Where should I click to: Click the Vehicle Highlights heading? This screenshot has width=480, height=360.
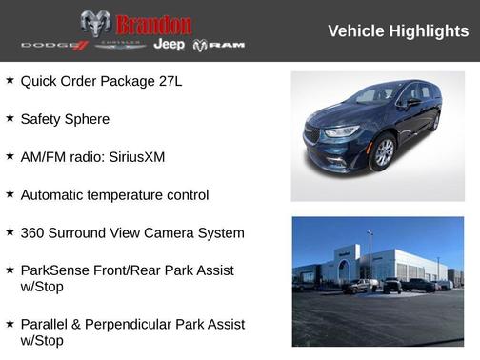[x=398, y=31]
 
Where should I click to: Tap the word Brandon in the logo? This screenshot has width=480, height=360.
[x=152, y=24]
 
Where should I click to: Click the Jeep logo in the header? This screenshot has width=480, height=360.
[x=169, y=45]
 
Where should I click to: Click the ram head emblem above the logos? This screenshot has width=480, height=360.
[x=95, y=23]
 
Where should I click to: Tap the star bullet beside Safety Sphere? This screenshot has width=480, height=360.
[x=10, y=118]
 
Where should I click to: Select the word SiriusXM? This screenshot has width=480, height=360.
[x=132, y=156]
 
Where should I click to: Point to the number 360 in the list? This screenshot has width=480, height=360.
[x=34, y=232]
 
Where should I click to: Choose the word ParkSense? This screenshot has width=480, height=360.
[x=56, y=270]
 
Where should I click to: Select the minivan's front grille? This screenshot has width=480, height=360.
[x=312, y=135]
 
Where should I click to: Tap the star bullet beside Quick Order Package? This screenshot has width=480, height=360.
[x=10, y=80]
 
